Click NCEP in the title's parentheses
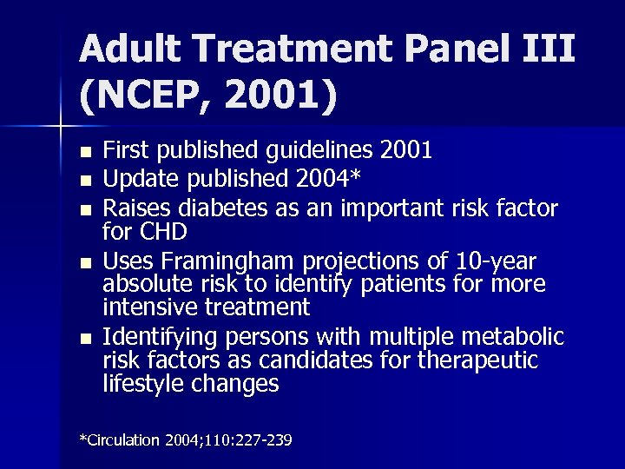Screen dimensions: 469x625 coord(144,97)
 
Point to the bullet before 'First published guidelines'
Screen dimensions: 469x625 coord(84,152)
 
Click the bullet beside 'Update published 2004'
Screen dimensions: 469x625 coord(84,181)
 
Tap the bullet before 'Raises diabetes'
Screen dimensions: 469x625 coord(84,209)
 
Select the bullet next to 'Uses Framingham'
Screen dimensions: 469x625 coord(84,261)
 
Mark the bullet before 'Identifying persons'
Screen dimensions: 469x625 coord(84,337)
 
